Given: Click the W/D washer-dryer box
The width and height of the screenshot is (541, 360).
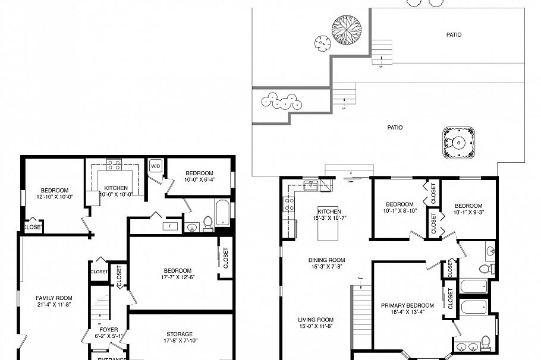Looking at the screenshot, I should pos(156,166).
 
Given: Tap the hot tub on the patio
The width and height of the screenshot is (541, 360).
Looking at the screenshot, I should pos(458,143).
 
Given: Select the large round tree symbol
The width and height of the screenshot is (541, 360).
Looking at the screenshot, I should pos(347,29).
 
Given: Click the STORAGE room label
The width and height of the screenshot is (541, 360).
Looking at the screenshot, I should pos(179,334).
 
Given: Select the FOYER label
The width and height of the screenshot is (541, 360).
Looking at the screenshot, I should pos(108,329).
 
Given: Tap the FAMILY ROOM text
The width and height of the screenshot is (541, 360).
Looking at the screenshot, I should pos(54,298).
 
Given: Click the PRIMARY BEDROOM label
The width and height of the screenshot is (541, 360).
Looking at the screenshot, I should pos(407,305).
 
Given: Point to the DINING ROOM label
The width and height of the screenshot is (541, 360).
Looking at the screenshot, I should pos(326,260).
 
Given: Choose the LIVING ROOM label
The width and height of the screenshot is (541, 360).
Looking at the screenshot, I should pos(316,319).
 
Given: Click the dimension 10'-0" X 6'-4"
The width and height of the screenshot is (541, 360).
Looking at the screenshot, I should pos(199,179).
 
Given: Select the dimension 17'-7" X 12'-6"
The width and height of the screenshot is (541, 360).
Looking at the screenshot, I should pos(178,277).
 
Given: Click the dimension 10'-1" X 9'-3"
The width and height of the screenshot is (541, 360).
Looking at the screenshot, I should pos(467,211).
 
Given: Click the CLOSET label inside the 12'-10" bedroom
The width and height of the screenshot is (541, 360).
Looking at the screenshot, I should pos(32,227).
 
